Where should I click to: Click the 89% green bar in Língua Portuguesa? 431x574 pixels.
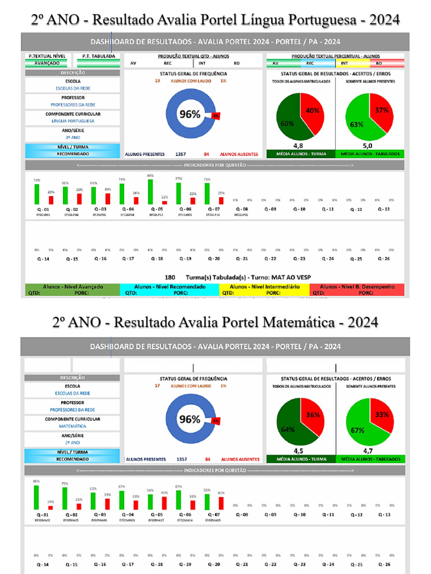coord(150,192)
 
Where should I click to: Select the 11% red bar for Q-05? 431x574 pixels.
coord(164,202)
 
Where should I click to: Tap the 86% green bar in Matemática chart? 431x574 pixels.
coord(36,498)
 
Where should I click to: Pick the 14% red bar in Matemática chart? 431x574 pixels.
coord(51,507)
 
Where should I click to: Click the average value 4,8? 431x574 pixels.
coord(299,146)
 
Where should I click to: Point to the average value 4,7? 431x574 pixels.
coord(368,450)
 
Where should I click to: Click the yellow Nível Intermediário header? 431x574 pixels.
coord(265,286)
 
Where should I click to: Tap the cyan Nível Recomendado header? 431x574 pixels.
coord(169,286)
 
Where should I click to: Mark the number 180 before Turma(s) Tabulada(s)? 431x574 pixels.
coord(170,277)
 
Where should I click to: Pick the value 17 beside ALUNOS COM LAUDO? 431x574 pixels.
coord(158,386)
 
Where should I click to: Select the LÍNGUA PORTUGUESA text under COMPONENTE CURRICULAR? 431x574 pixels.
coord(73,121)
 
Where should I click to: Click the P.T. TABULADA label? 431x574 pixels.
coord(99,56)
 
